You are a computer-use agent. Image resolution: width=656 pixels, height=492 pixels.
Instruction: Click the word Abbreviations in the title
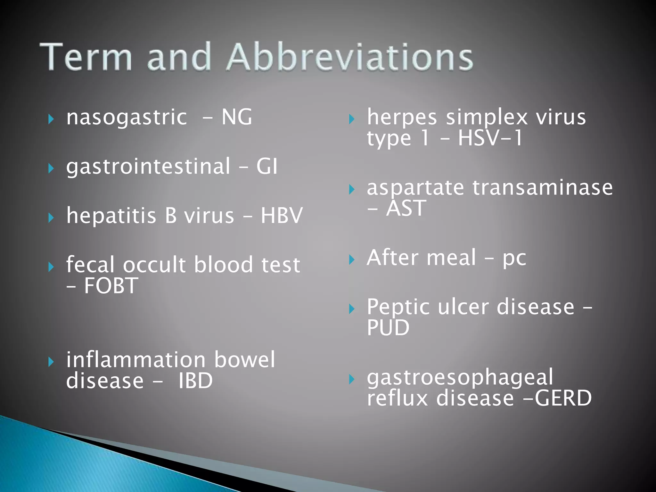pos(350,57)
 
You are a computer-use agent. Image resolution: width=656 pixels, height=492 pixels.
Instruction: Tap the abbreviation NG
pos(237,117)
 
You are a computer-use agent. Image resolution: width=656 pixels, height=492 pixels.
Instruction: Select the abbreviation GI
pos(267,166)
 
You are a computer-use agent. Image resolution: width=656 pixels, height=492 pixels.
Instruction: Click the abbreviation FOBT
pos(111,286)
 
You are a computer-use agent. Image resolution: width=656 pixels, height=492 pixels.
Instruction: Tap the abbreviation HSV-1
pos(490,138)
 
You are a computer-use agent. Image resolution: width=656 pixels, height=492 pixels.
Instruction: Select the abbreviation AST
pos(406,208)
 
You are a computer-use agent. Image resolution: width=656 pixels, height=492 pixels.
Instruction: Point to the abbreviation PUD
pos(388,328)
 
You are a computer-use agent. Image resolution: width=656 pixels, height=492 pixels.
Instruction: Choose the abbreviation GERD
pos(563,398)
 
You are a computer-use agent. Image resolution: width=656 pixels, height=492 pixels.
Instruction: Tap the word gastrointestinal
pos(148,167)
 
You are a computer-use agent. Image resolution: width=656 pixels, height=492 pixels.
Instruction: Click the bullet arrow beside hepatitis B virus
pos(51,218)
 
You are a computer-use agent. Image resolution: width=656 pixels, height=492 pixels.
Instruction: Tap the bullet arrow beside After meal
pos(352,260)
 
